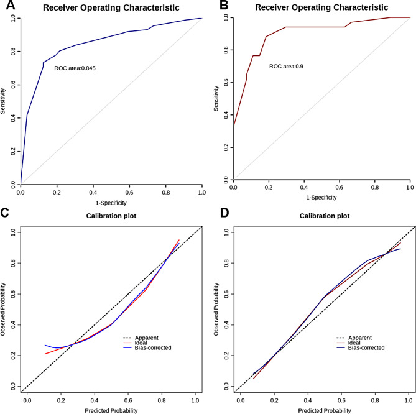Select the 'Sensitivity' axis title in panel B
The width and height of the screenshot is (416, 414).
pyautogui.click(x=216, y=99)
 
